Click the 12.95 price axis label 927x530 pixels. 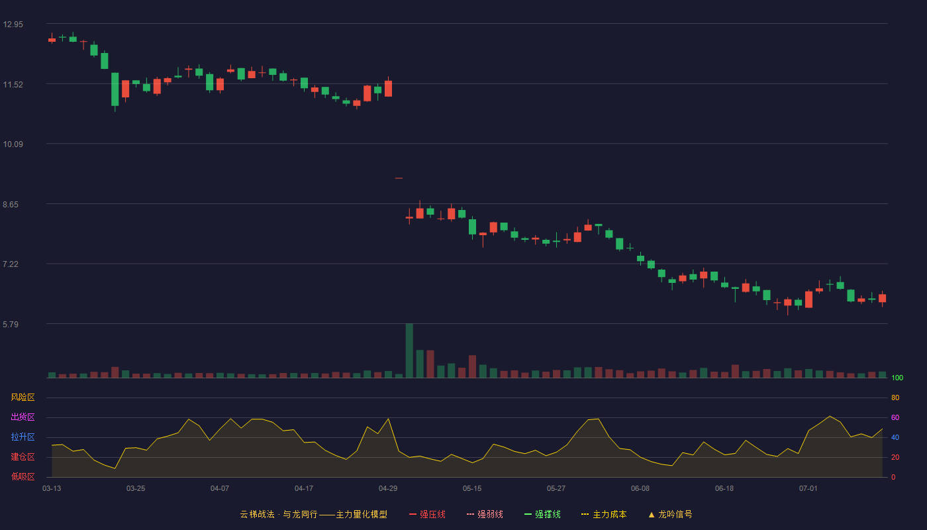click(13, 25)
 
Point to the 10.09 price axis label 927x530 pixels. click(13, 144)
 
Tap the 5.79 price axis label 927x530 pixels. click(11, 324)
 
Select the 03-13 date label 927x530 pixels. click(52, 489)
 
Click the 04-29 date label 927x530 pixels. click(388, 489)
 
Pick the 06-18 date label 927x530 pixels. click(724, 489)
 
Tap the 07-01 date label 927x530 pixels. click(808, 489)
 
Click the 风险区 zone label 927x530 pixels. click(23, 397)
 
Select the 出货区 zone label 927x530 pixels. click(23, 417)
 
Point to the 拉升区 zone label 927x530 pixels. click(23, 437)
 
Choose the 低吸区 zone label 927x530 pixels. click(23, 476)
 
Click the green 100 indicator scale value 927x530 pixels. click(897, 378)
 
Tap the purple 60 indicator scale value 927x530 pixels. click(895, 417)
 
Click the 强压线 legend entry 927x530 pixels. click(427, 514)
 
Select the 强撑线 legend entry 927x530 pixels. click(542, 514)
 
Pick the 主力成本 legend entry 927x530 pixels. click(604, 514)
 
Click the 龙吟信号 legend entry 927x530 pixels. click(670, 514)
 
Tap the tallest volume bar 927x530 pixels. click(409, 350)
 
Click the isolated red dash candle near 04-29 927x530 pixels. click(399, 178)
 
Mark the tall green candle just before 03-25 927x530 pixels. click(115, 89)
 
